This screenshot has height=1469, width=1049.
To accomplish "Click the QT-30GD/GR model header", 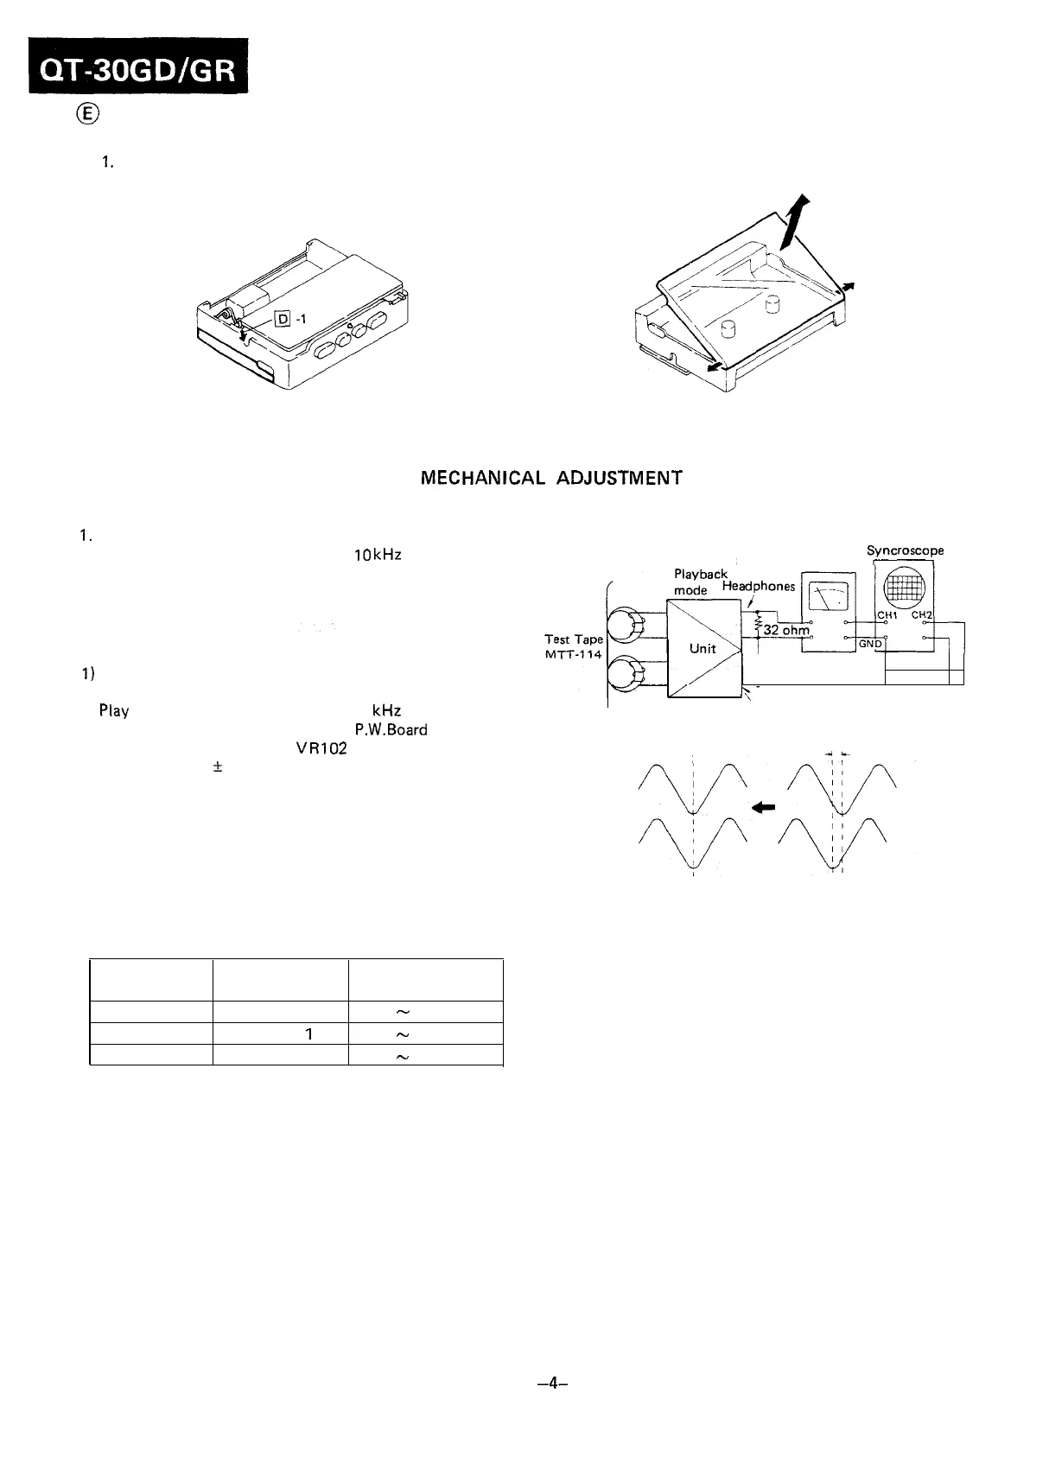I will (137, 68).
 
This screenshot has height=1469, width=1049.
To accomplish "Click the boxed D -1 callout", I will (289, 319).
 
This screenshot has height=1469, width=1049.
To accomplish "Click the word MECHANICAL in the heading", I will (482, 478).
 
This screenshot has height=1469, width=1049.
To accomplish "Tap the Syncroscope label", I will (905, 550).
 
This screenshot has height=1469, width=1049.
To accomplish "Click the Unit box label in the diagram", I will (703, 648).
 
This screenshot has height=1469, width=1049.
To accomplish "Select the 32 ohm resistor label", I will (786, 630).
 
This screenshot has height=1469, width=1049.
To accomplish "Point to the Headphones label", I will (759, 586).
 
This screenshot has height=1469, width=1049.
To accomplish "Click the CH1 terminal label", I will (889, 615).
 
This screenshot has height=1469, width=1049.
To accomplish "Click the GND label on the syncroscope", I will (869, 644).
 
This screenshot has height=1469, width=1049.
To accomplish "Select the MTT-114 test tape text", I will (573, 654).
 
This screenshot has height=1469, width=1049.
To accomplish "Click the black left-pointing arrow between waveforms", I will (763, 807).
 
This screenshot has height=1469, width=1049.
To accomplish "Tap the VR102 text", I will (326, 749).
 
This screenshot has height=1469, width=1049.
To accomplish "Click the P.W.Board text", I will (391, 729).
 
